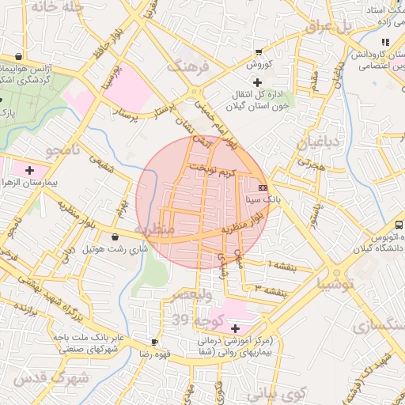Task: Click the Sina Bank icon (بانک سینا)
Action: pyautogui.click(x=263, y=187)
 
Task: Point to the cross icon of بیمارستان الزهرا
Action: pyautogui.click(x=30, y=169)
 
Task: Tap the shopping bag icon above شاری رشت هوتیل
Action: pyautogui.click(x=115, y=237)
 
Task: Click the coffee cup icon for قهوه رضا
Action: pyautogui.click(x=154, y=343)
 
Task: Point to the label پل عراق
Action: pyautogui.click(x=327, y=27)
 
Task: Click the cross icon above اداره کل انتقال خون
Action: pyautogui.click(x=257, y=82)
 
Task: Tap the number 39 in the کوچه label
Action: pyautogui.click(x=182, y=320)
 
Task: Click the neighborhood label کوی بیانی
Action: pyautogui.click(x=282, y=392)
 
